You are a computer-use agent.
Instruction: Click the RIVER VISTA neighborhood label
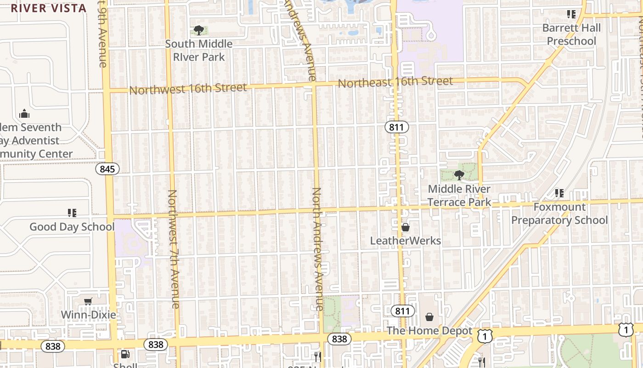click(49, 8)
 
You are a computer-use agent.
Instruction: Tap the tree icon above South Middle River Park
click(199, 31)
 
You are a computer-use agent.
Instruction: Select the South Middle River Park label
click(199, 51)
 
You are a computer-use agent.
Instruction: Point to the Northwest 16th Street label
click(188, 88)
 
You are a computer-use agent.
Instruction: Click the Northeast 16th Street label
click(395, 82)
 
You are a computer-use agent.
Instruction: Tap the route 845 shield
click(107, 169)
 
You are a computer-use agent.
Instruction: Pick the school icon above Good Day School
click(72, 213)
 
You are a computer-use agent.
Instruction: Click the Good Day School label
click(72, 227)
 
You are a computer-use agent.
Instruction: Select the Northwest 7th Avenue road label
click(173, 249)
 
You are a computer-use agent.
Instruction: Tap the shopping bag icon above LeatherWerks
click(406, 227)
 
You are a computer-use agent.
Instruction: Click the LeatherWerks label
click(406, 241)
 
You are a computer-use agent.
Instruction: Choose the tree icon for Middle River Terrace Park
click(459, 175)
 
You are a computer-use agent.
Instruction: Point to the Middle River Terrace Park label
click(459, 195)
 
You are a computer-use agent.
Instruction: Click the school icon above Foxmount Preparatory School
click(559, 193)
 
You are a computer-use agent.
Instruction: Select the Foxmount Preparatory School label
click(559, 214)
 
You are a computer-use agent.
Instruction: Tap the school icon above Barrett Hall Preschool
click(571, 14)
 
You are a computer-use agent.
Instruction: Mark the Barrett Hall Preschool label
click(571, 34)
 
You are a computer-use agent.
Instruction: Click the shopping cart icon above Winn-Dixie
click(88, 301)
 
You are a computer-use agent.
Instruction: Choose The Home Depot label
click(429, 331)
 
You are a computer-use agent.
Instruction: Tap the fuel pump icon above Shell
click(124, 354)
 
